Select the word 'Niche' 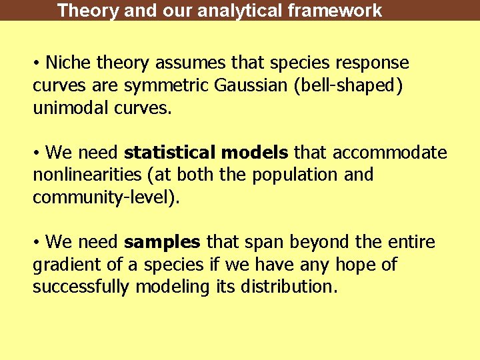point(69,63)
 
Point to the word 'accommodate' point(390,153)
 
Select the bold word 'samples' point(162,242)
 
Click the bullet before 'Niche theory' point(37,63)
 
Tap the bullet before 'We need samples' point(37,242)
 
